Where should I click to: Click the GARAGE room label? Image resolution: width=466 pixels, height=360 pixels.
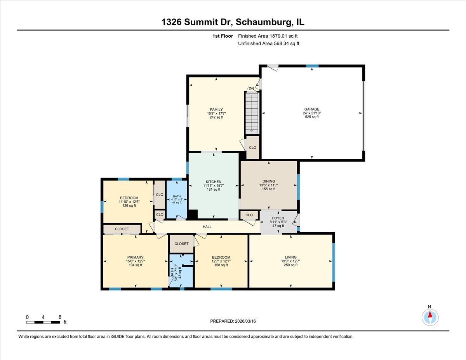pos(311,109)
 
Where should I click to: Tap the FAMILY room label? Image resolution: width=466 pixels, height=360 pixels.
pos(216,110)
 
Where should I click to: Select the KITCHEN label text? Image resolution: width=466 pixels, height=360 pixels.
pos(213,182)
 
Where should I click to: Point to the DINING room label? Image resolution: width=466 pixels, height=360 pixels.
pos(268,181)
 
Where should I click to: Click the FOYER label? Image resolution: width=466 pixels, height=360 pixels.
pos(278,218)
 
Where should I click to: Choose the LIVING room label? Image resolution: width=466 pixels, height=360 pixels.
pos(290,257)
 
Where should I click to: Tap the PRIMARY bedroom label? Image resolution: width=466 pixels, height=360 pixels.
pos(135,257)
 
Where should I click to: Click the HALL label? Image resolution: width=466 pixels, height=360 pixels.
pos(207,226)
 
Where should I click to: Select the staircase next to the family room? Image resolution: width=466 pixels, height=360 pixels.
pos(252,113)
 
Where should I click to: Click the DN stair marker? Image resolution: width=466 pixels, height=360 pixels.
pos(251,89)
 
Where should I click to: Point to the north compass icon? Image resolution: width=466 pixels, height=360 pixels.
pos(430,317)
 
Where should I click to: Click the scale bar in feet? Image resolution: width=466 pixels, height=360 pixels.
pos(43,322)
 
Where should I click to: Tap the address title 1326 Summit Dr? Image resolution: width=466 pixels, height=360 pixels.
pos(233,22)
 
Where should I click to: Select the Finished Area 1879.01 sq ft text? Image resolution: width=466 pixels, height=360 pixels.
pos(268,36)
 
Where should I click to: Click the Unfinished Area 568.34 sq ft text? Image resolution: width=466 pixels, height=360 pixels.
pos(268,43)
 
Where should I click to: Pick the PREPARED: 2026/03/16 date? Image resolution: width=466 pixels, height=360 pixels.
pos(233,321)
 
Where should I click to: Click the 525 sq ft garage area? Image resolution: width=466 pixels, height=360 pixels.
pos(311,117)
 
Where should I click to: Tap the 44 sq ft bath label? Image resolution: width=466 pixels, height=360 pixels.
pos(177,203)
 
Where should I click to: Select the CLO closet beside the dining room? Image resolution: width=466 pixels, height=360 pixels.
pos(249,215)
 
